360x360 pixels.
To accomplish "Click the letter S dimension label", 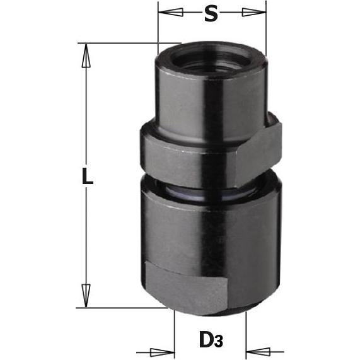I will pos(211,13).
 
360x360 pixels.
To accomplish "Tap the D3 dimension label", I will pos(211,340).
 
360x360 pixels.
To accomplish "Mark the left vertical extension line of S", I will pos(158,28).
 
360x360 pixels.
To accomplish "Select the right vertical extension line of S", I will pos(266,28).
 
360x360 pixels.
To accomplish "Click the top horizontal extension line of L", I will pos(126,43).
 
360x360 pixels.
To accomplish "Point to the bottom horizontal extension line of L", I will pos(126,308).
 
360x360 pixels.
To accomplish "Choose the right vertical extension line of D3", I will pos(247,334).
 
